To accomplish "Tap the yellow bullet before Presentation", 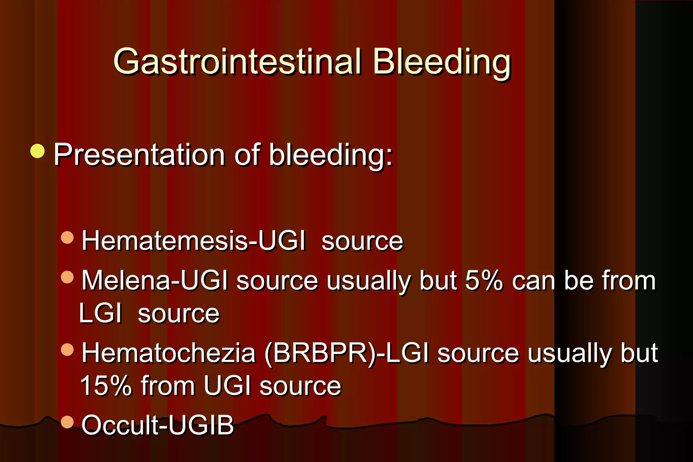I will point(38,151).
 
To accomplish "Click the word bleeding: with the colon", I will point(331,155).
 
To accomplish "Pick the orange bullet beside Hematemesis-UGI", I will point(67,237).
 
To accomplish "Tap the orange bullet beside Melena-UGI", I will point(67,277).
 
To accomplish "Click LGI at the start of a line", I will point(100,314).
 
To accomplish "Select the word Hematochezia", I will point(169,353).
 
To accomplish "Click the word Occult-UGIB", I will point(158,425).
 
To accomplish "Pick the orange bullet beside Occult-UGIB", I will point(67,422).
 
